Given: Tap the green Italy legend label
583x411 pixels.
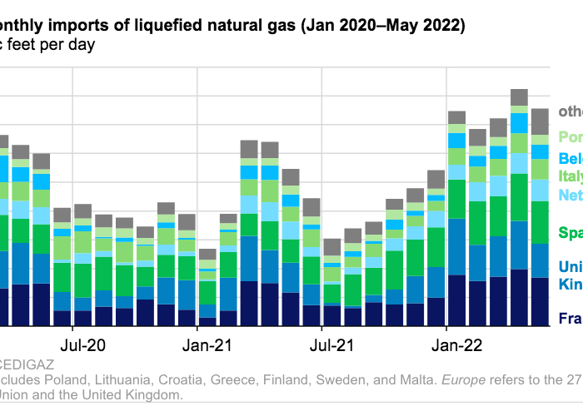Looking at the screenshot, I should coord(570,176).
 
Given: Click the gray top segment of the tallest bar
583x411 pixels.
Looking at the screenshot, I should coord(519,97).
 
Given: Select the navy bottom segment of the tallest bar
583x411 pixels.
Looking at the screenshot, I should coord(519,297).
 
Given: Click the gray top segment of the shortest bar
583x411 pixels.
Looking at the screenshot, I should coord(207,255).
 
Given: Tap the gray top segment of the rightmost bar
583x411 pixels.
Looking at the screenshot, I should coord(540,121).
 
